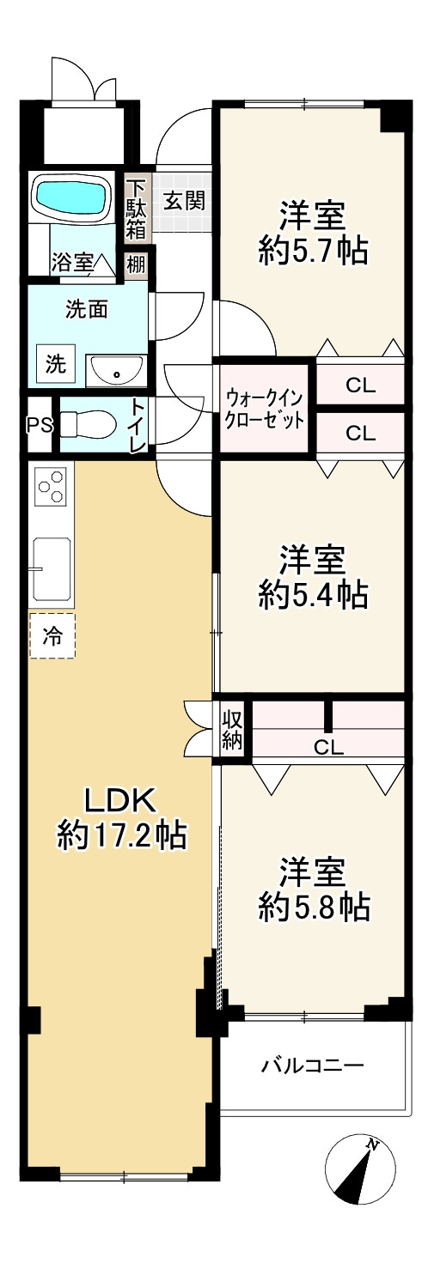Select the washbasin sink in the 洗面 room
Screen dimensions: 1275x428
coord(116,372)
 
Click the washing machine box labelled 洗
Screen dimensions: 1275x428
coord(55,364)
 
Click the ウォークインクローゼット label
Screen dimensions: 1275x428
coord(264,410)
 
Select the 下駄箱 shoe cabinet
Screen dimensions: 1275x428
coord(138,207)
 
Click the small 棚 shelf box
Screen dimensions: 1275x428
coord(137,263)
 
